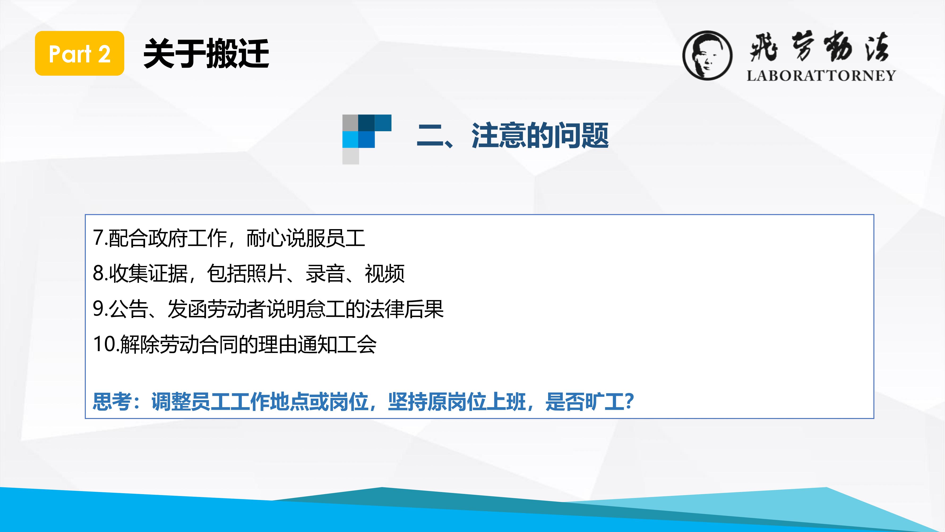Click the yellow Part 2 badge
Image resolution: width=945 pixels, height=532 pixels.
point(80,53)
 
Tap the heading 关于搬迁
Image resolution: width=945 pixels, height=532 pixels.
point(206,54)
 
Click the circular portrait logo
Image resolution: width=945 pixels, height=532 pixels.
point(707,55)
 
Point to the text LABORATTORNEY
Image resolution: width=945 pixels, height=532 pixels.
point(821,76)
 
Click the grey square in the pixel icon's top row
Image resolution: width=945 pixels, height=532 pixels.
point(350,123)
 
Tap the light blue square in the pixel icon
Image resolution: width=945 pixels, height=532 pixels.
point(350,140)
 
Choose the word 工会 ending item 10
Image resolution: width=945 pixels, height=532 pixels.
point(357,344)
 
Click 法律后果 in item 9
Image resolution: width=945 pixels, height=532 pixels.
point(405,309)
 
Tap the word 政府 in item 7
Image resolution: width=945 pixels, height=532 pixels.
point(168,238)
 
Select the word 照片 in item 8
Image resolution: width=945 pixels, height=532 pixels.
point(266,274)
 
